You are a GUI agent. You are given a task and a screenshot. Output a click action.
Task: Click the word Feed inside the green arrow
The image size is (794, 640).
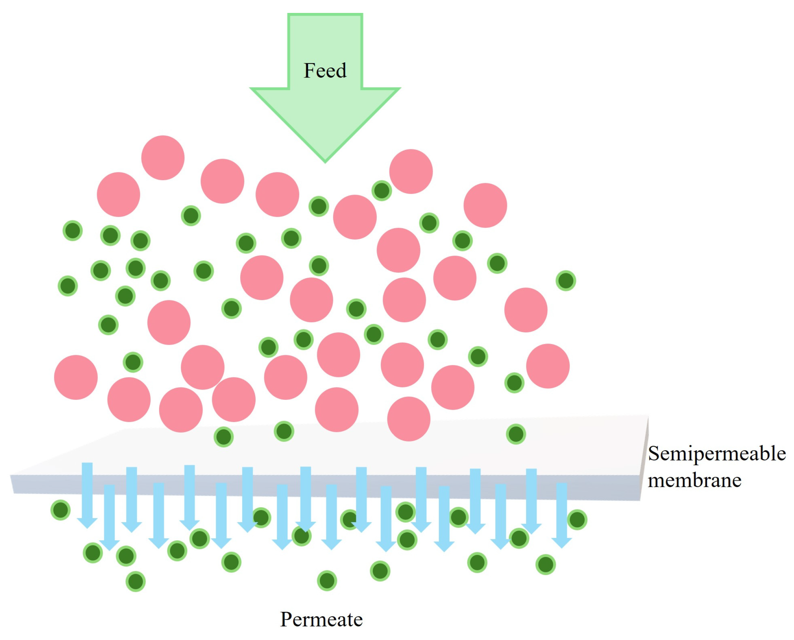tap(325, 71)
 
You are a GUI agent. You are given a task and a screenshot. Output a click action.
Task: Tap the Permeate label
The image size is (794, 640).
tap(321, 619)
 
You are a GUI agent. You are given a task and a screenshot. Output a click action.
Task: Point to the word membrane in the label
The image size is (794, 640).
tap(695, 480)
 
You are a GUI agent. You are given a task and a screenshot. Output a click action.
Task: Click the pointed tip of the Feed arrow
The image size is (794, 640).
tap(325, 161)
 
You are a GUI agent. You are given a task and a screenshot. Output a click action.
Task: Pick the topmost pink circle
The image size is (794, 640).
tap(163, 158)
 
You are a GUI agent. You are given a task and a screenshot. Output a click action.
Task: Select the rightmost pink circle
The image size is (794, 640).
tap(548, 366)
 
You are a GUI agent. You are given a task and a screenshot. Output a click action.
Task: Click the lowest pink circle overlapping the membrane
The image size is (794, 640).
tap(409, 419)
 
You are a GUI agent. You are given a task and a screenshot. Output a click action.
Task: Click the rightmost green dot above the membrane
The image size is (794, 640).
tap(566, 281)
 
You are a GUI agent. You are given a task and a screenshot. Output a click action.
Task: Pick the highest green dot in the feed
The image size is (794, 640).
tap(381, 190)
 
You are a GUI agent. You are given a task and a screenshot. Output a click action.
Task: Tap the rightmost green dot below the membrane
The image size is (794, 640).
tap(577, 519)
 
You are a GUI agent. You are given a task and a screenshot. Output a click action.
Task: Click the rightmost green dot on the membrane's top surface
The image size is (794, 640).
tap(516, 434)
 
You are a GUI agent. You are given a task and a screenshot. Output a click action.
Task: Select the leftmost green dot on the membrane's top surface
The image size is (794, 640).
tap(223, 437)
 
